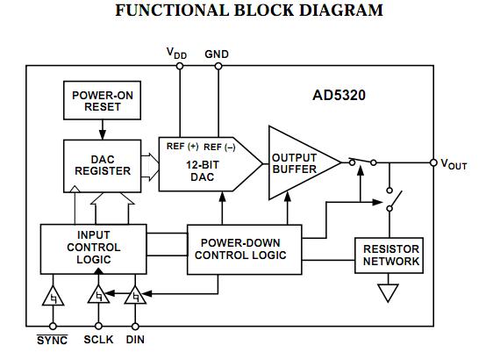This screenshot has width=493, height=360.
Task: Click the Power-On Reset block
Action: coord(96,101)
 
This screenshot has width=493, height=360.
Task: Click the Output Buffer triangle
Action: coord(298,162)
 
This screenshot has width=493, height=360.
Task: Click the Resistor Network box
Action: coord(391,256)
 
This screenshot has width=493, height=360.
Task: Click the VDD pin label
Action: coord(177,54)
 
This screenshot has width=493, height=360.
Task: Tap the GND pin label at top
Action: coord(217,54)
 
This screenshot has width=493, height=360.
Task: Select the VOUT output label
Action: coord(454,163)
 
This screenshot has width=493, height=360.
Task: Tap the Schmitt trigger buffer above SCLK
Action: coord(99,298)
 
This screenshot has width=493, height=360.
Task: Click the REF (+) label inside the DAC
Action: coord(182,147)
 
